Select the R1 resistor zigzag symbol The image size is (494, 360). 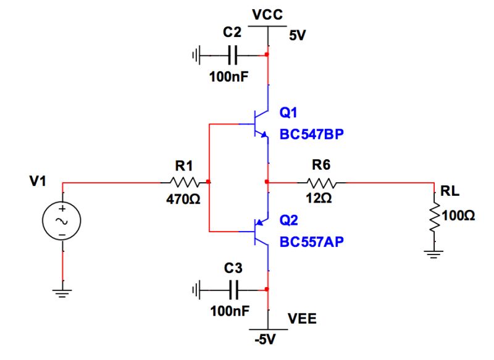coord(184,182)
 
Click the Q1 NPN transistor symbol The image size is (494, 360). coord(260,123)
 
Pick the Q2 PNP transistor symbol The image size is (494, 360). coord(260,232)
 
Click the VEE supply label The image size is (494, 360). coord(302,320)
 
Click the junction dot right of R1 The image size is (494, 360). coord(209,182)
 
